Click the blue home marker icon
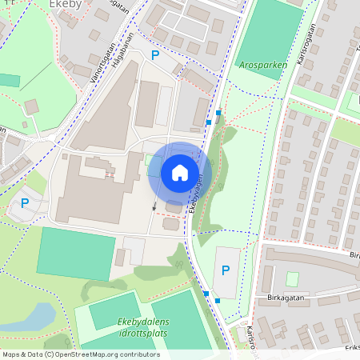[x=180, y=173]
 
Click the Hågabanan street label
[x=123, y=60]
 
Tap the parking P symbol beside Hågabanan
[x=155, y=55]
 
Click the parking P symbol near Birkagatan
[x=225, y=271]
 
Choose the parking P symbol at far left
[x=25, y=203]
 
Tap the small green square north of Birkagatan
[x=293, y=278]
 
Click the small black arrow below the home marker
[x=154, y=206]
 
